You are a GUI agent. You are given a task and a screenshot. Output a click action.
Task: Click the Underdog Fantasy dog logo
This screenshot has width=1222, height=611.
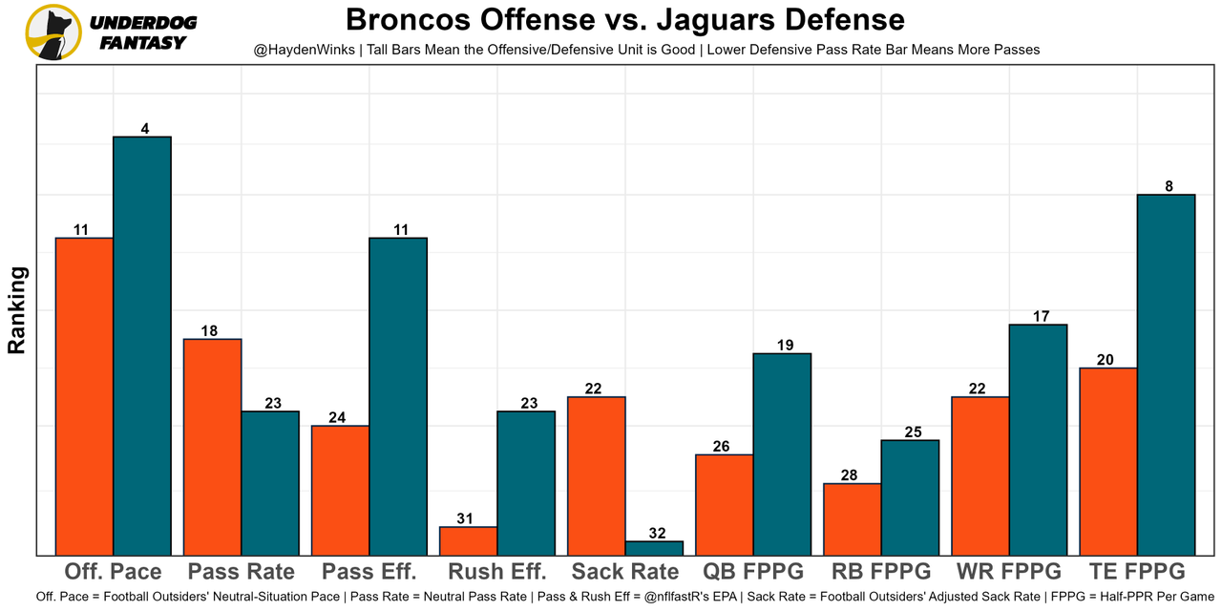[53, 32]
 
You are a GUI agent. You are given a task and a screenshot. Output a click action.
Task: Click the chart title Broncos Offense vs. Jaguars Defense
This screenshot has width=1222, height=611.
[624, 19]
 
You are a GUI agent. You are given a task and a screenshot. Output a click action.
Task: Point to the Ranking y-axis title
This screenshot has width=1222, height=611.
[17, 310]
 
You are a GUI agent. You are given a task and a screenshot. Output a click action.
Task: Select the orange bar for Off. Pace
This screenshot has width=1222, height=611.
[85, 396]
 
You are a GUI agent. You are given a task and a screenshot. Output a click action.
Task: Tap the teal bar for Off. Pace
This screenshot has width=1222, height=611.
[142, 346]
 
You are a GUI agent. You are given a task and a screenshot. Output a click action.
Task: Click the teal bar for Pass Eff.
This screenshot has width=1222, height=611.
[398, 396]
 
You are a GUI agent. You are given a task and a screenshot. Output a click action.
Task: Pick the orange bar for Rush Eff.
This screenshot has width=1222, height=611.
[468, 540]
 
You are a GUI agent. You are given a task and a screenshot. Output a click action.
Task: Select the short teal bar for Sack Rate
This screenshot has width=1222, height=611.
[654, 548]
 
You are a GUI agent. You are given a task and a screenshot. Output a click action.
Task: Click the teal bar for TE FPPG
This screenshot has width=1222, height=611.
[1166, 374]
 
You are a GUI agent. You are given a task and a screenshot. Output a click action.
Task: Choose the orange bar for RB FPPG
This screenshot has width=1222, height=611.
[852, 518]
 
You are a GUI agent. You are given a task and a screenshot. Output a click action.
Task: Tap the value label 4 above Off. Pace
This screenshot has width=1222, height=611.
[145, 128]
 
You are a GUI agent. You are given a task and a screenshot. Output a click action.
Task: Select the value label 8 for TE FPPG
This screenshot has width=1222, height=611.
[1169, 186]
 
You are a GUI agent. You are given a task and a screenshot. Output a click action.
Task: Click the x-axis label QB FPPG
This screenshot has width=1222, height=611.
[753, 572]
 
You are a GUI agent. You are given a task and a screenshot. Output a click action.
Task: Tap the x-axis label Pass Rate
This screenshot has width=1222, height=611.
[242, 572]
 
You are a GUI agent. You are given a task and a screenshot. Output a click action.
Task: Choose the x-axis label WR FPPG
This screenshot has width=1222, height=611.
[1009, 572]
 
